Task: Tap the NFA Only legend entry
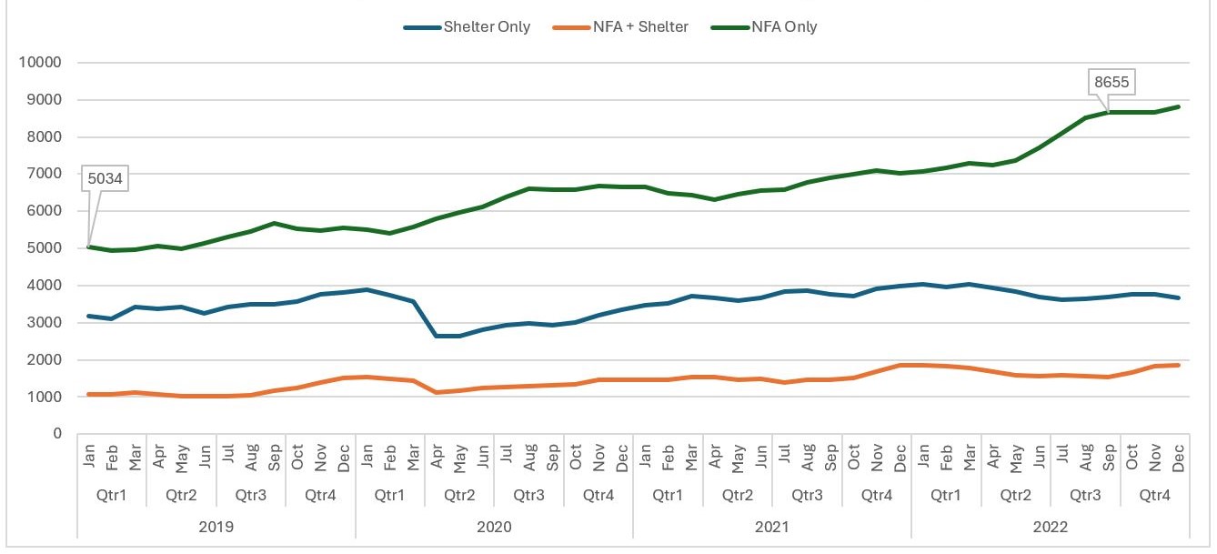783,27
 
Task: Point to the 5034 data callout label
106,177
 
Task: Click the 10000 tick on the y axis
40,63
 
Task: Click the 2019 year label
216,527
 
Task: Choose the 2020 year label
494,527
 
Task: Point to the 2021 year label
772,527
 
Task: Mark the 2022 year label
1050,527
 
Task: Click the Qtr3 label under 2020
528,495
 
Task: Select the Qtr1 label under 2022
946,495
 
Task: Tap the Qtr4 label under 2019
320,495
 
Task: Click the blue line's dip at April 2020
437,336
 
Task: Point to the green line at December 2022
1179,106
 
